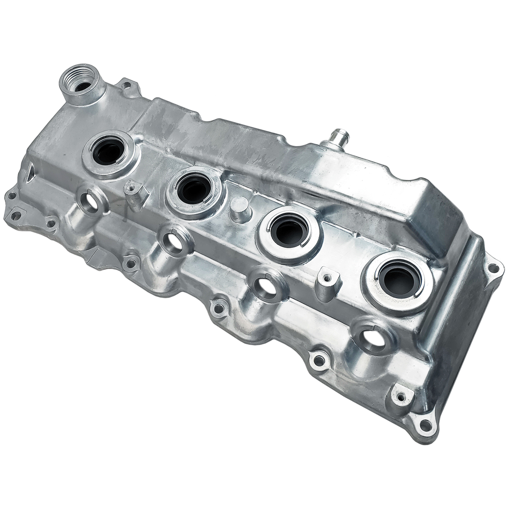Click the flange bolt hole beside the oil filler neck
pyautogui.click(x=126, y=86)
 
